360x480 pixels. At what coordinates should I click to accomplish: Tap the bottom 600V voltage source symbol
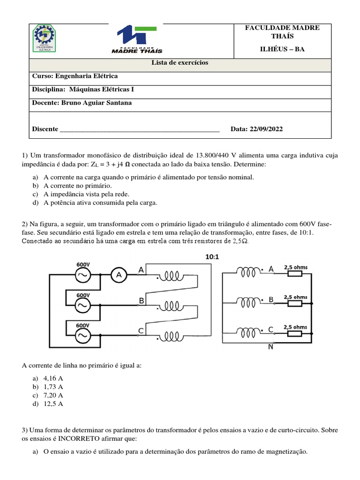[83, 336]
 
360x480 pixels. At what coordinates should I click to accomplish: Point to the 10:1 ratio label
[212, 257]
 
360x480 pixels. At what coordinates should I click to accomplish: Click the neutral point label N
[270, 347]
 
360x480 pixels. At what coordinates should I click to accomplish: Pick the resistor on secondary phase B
[295, 303]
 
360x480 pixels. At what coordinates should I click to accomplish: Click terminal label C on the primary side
[141, 331]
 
